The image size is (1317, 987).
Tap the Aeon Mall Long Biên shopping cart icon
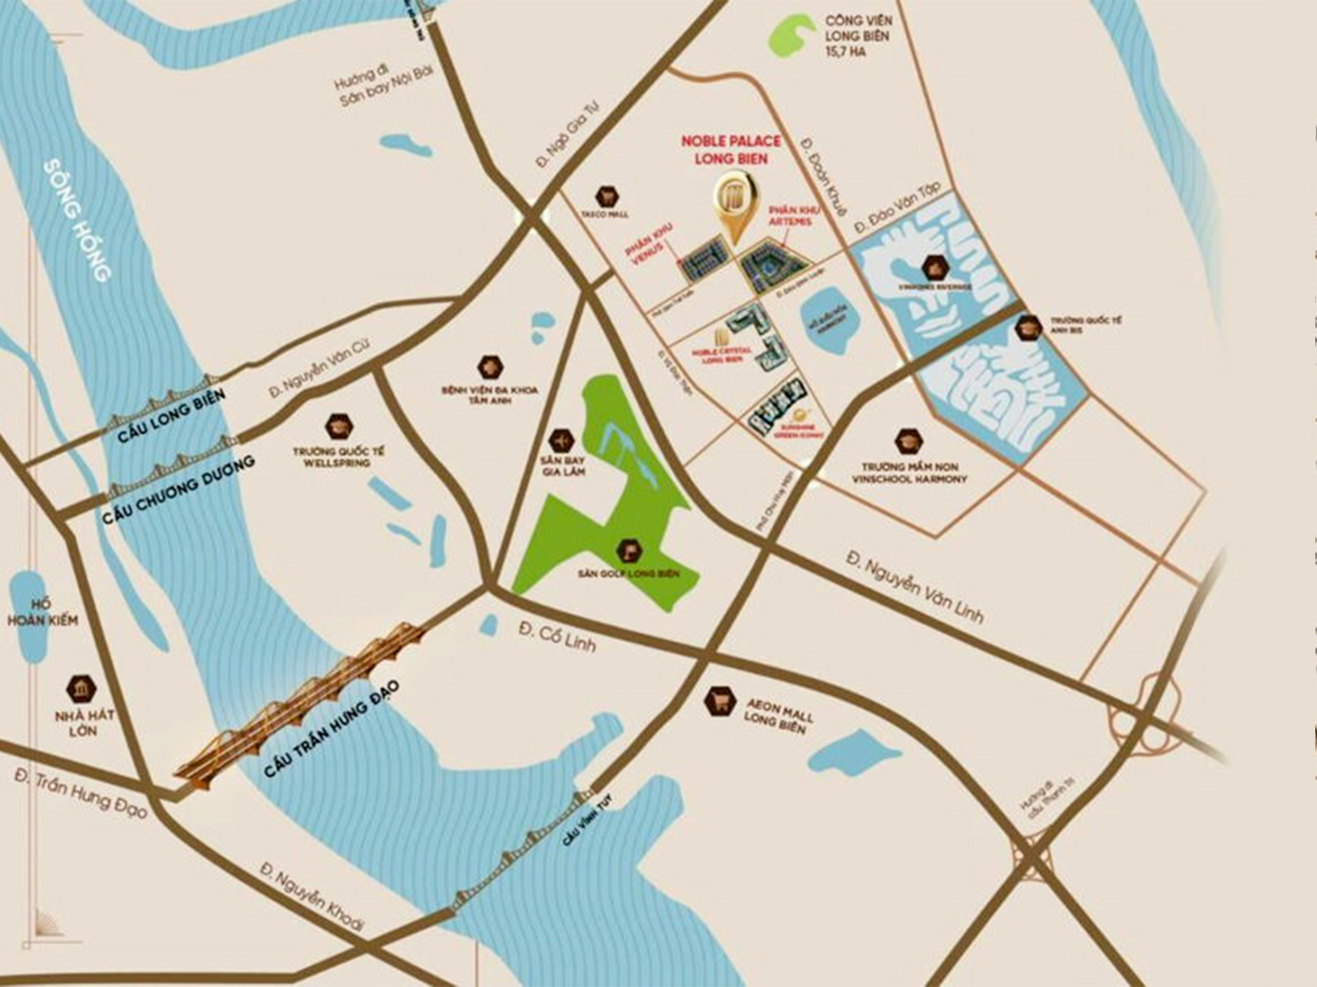719,702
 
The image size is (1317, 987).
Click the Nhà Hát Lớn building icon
82,687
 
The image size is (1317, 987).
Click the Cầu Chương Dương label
178,489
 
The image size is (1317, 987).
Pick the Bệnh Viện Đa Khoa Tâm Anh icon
490,367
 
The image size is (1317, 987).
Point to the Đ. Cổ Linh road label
556,635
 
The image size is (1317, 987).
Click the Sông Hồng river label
77,220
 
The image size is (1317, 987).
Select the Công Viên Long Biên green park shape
791,36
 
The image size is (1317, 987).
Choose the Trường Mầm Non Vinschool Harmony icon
908,441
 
